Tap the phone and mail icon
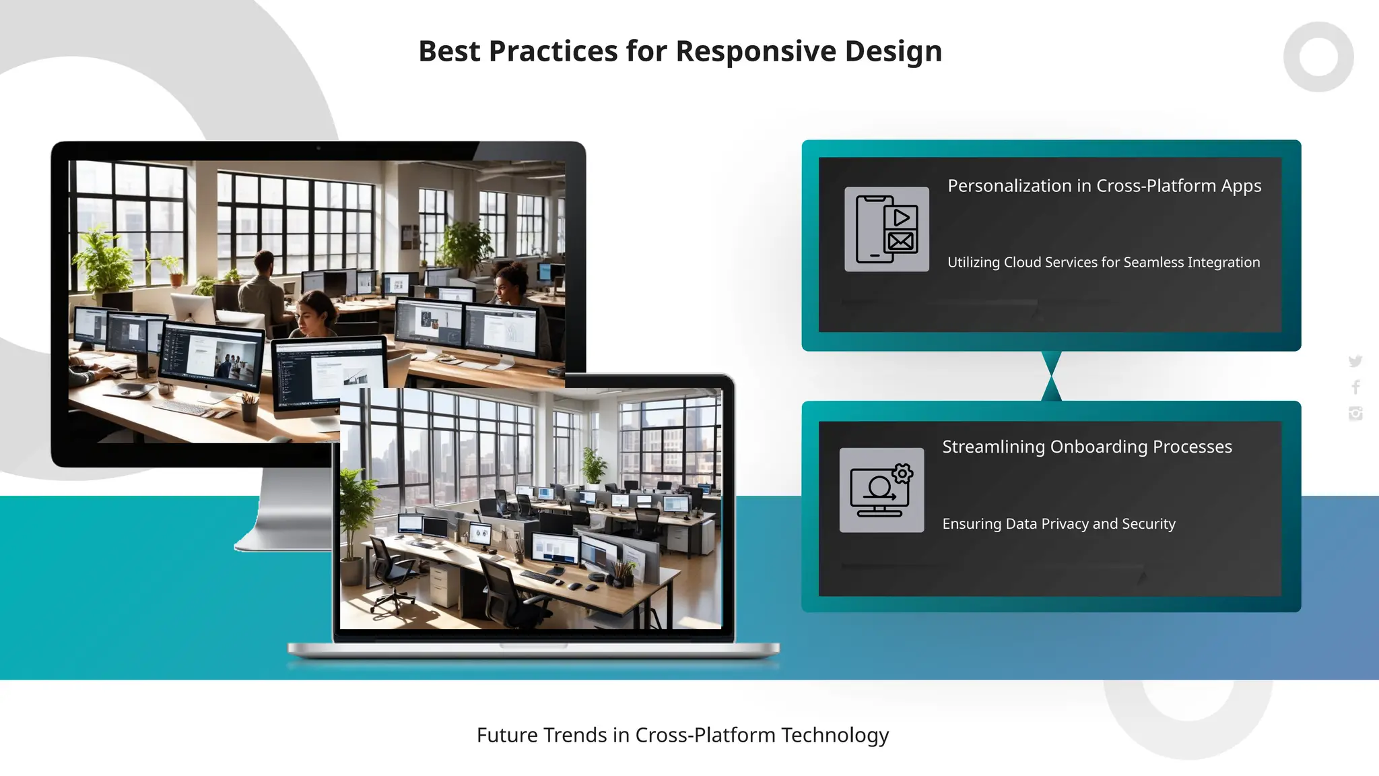[x=886, y=229]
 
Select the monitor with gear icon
[x=881, y=490]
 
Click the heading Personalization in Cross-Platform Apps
[x=1104, y=186]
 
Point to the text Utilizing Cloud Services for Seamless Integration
[x=1103, y=262]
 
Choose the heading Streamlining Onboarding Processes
[x=1087, y=447]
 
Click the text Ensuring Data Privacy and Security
[x=1058, y=523]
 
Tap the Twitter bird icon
[x=1355, y=361]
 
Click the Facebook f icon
[x=1355, y=387]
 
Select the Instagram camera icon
[x=1355, y=413]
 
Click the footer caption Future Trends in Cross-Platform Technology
[x=682, y=735]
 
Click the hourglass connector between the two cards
[x=1051, y=376]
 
